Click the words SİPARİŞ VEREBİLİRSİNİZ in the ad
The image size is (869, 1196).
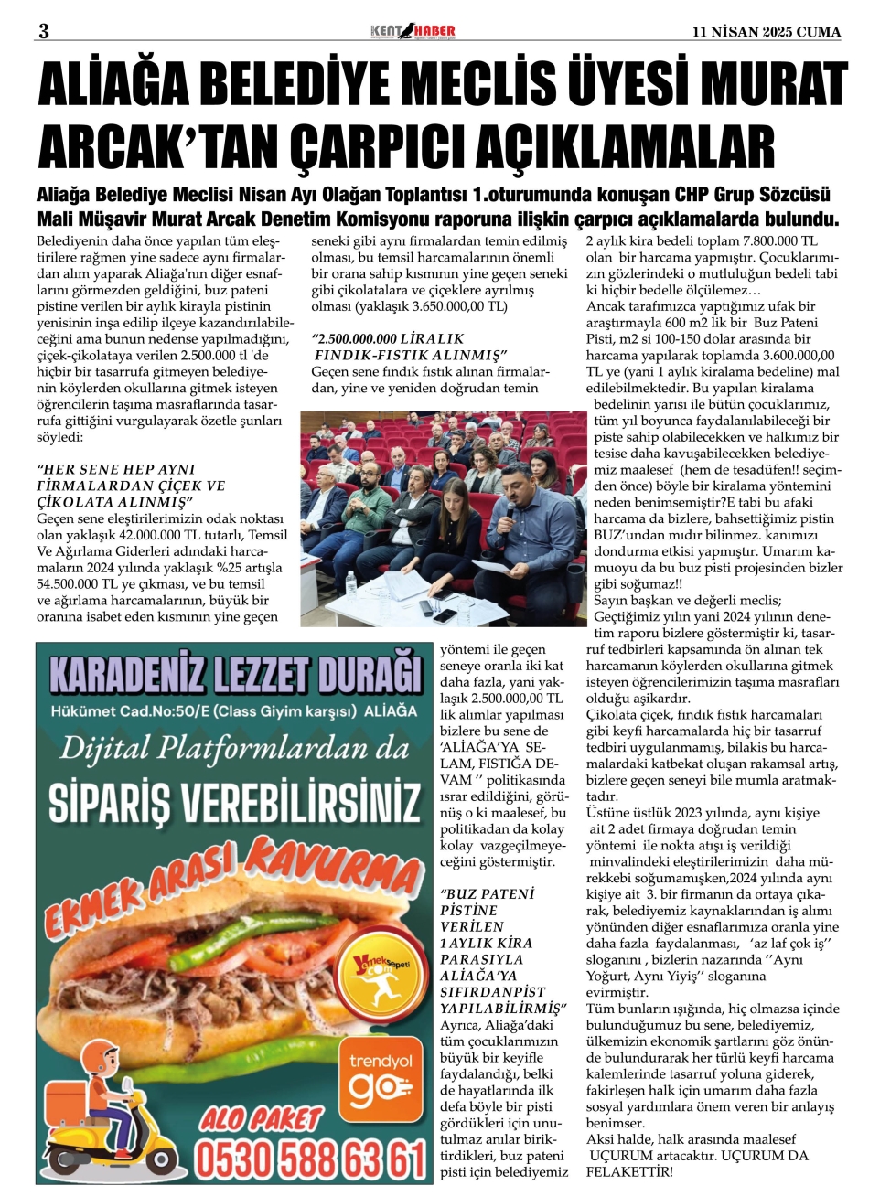(x=229, y=803)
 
